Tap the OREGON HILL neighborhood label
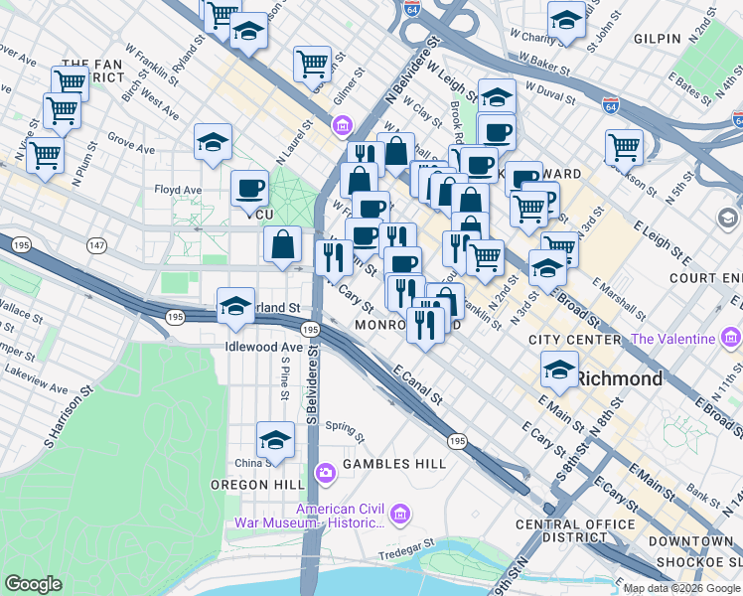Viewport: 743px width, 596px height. pos(252,485)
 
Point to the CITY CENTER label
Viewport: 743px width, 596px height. pos(574,340)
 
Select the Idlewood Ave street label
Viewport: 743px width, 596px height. pos(264,347)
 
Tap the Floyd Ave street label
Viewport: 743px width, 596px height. pos(178,189)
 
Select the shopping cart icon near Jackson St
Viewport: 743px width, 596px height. pos(624,147)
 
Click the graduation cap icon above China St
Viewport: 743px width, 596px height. pos(275,439)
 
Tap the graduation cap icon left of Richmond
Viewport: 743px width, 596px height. pos(560,371)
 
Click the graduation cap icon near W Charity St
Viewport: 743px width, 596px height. pos(566,20)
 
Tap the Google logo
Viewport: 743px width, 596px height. pos(34,584)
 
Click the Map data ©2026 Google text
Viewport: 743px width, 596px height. pos(681,588)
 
